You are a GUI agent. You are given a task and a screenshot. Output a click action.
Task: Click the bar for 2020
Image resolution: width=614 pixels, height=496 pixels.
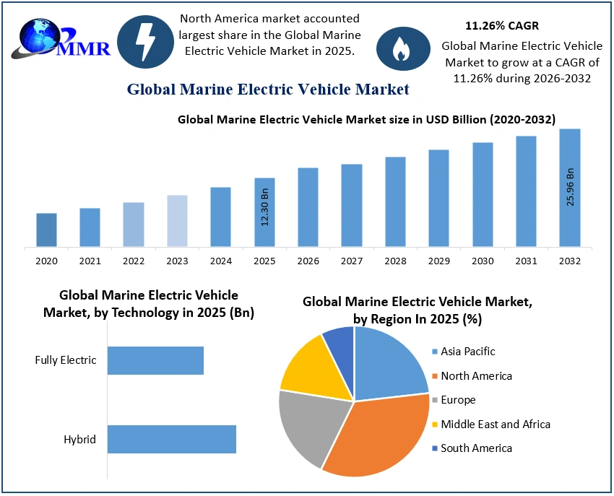[x=46, y=230]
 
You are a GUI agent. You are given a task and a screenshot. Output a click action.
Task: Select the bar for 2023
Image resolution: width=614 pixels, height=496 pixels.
[x=177, y=221]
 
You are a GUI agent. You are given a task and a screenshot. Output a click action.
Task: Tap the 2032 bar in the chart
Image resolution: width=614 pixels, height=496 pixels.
[x=569, y=188]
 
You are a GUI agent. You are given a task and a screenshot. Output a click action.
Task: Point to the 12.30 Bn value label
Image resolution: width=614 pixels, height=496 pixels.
[x=265, y=206]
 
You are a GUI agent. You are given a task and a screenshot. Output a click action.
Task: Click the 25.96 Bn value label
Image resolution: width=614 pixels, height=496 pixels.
[x=570, y=187]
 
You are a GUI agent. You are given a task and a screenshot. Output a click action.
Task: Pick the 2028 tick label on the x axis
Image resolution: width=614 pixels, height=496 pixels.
[x=395, y=261]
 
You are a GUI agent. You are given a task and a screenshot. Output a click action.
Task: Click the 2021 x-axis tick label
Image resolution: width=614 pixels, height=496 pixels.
[x=90, y=261]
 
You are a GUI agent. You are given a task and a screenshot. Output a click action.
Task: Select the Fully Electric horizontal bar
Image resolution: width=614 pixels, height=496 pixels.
[x=155, y=360]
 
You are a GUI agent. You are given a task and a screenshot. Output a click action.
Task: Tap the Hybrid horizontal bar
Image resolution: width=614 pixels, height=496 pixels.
[x=172, y=439]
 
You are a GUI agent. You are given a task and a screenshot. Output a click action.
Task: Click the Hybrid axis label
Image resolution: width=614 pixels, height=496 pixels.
[x=81, y=439]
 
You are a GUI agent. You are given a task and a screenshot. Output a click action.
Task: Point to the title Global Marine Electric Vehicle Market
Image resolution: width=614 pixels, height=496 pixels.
[x=268, y=90]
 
